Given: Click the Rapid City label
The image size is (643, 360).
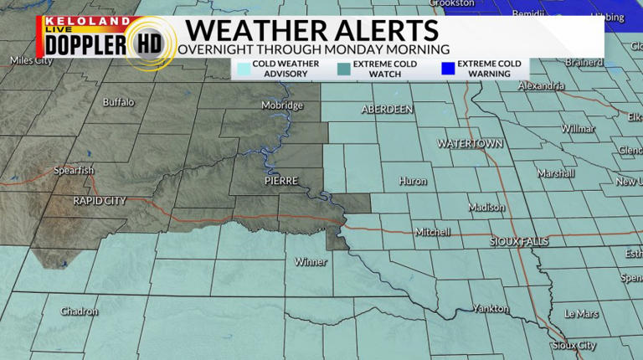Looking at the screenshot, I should coord(100,201).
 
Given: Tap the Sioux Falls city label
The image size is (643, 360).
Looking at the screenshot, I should coord(519,241).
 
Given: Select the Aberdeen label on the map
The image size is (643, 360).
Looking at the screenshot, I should coord(387,110).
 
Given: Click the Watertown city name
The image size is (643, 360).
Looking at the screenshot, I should coord(471,144).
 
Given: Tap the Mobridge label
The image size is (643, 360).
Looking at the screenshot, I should coord(282,105).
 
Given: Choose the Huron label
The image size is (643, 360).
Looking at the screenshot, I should coord(413,181).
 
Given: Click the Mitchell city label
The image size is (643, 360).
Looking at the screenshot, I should coord(433,232).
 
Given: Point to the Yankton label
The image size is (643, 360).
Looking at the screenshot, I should coord(490,308).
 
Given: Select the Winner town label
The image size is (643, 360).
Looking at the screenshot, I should coord(311,262).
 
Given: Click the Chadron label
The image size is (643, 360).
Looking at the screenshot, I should coord(80,311).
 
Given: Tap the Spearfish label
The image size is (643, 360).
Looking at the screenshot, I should coord(74,171).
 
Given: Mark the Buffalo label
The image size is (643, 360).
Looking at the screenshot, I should coord(118,102).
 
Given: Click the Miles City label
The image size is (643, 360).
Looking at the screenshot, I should coord(30,60).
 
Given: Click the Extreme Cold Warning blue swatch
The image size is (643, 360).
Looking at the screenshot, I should coord(446,69).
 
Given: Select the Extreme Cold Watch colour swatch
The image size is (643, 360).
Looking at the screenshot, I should coord(342,69).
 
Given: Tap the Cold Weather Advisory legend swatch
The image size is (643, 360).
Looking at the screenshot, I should coord(243,69).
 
